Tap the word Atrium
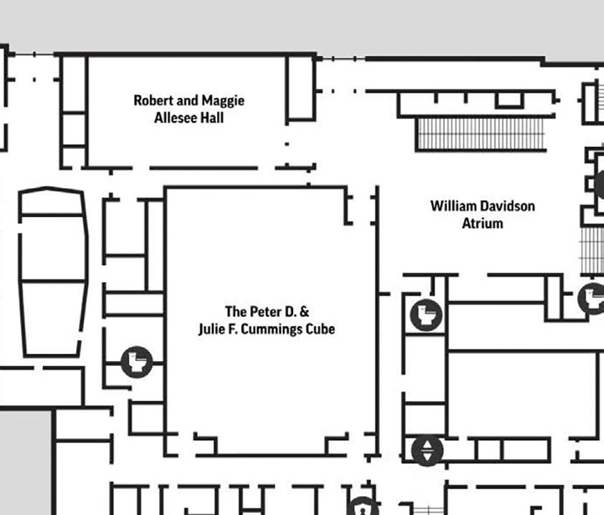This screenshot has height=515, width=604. click(x=482, y=223)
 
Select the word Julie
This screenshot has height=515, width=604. click(x=213, y=329)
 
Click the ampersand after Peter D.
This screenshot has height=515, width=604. click(x=304, y=312)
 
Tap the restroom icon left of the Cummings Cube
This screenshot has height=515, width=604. click(x=135, y=361)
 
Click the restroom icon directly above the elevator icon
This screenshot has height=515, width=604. click(x=427, y=315)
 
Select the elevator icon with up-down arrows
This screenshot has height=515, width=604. click(x=428, y=450)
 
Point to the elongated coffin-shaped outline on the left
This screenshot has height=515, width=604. click(x=52, y=271)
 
